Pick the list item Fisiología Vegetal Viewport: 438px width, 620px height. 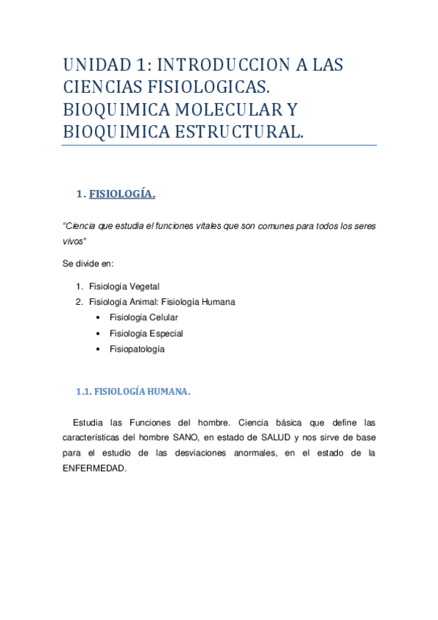(124, 286)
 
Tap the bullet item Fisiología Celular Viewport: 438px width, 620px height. (143, 317)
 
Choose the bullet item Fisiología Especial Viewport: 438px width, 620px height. (146, 333)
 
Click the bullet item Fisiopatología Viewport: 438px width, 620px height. (137, 349)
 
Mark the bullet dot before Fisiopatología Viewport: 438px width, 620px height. (99, 349)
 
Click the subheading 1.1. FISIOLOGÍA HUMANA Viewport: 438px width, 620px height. (133, 392)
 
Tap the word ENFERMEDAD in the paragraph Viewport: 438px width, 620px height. (94, 469)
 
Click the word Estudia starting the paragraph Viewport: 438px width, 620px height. (89, 423)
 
